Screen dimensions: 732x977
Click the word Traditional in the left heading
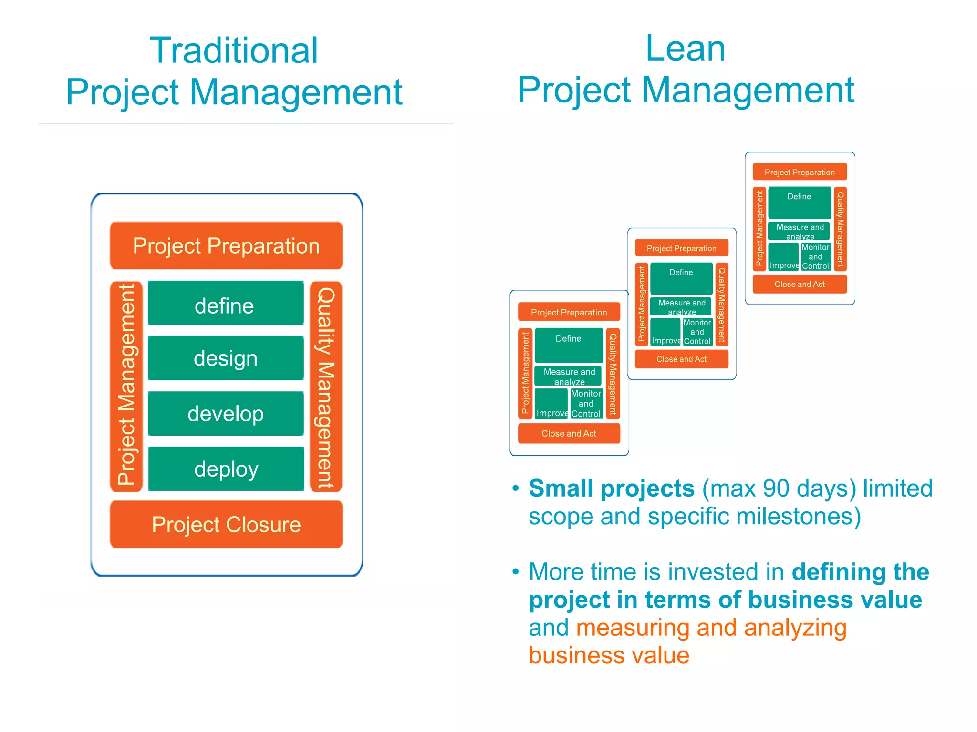[x=234, y=51]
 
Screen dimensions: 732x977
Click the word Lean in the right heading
[x=685, y=49]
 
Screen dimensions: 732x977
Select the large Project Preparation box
[x=226, y=246]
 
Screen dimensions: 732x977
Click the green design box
[x=225, y=358]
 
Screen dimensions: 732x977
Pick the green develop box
[x=225, y=413]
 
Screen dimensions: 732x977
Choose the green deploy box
[x=226, y=469]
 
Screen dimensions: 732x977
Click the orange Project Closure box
[x=226, y=524]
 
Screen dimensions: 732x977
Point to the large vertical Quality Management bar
[x=326, y=386]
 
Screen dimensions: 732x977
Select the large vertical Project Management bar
[x=126, y=386]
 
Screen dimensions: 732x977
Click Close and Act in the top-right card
[x=800, y=284]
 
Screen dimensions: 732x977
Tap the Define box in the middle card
[x=681, y=278]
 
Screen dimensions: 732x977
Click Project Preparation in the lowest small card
[x=569, y=312]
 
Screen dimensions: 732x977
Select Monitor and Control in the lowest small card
[x=586, y=404]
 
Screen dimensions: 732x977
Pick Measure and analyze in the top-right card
[x=800, y=231]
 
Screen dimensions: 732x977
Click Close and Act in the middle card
[x=681, y=359]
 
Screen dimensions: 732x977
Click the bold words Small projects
[x=611, y=488]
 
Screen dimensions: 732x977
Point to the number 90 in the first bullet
[x=779, y=488]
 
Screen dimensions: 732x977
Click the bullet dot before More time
[x=515, y=572]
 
